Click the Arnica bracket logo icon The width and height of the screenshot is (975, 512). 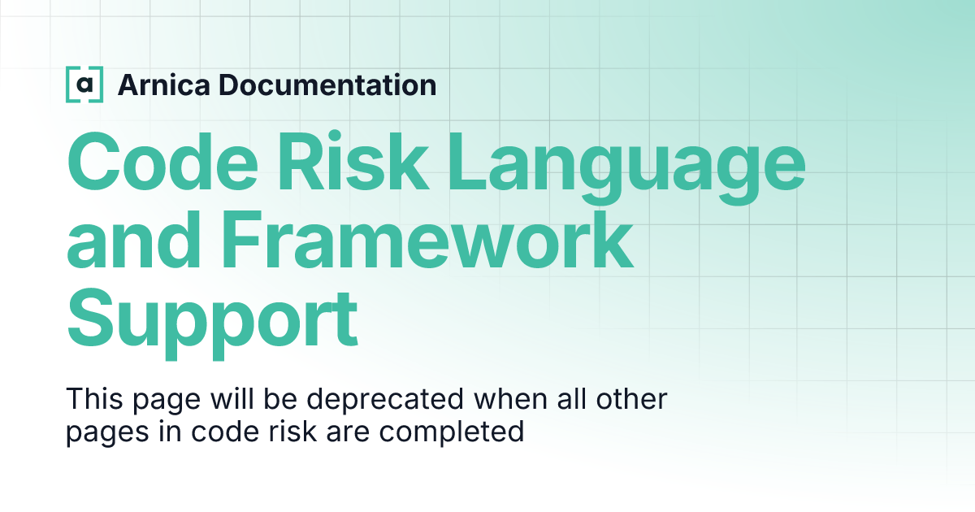tap(84, 85)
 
